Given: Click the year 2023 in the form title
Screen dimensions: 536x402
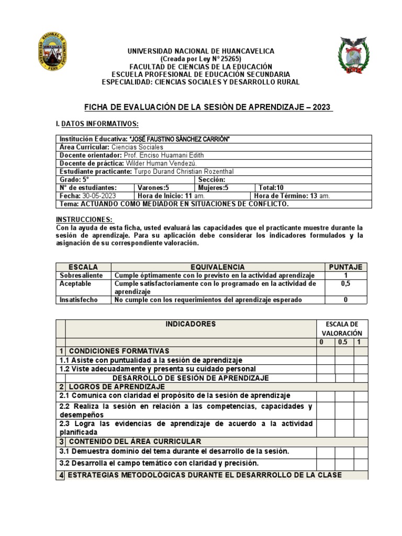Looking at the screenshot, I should point(321,107).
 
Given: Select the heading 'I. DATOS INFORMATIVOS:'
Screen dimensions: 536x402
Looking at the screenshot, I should point(97,124).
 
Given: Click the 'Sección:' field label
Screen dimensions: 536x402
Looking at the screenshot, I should point(212,179).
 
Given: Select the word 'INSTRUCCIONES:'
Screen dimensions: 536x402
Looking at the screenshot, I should point(84,219).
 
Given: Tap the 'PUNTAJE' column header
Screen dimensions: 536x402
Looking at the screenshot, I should point(345,267).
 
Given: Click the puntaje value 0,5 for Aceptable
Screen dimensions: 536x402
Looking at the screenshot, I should point(345,284).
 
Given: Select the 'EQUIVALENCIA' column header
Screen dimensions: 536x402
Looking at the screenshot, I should point(217,267).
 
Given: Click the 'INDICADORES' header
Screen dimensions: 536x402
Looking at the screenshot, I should point(191,324).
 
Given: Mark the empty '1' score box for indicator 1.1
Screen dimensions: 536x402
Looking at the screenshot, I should point(361,360).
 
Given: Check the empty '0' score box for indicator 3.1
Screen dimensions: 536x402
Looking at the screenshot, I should point(326,452).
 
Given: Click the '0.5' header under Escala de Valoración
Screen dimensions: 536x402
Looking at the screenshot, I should point(343,342).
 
